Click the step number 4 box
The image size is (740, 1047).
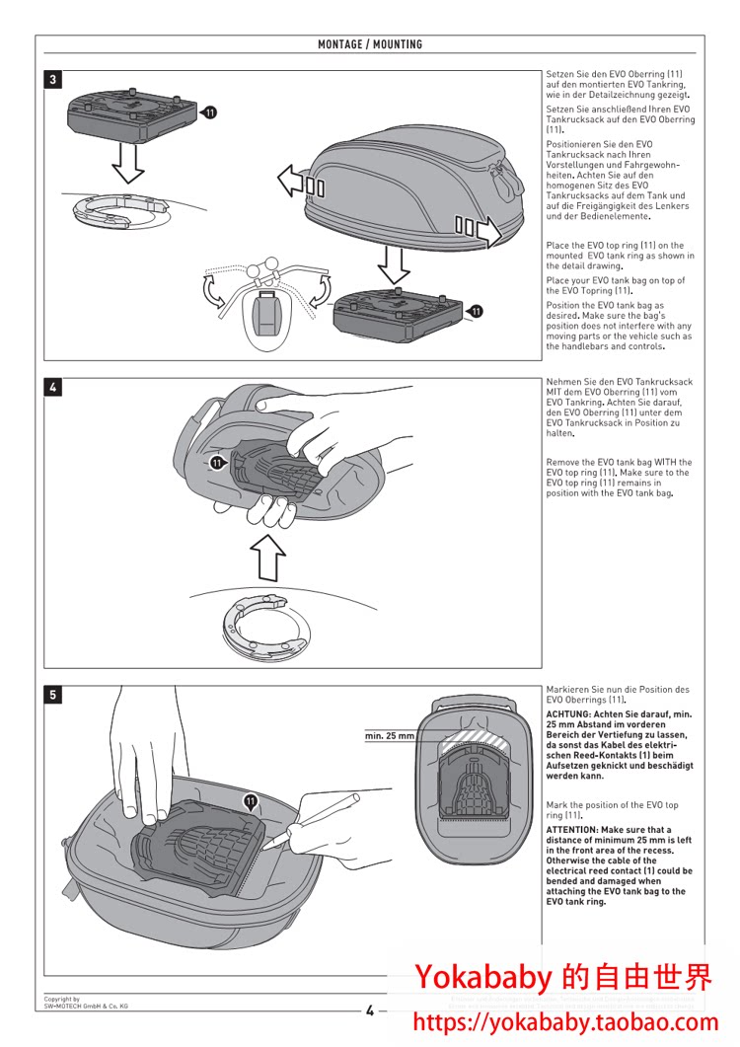tap(53, 388)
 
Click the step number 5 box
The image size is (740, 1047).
tap(53, 695)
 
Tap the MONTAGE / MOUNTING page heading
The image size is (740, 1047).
tap(370, 44)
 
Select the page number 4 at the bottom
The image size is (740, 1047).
tap(370, 1010)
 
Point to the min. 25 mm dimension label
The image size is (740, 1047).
tap(390, 736)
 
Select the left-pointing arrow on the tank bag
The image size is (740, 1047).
tap(292, 181)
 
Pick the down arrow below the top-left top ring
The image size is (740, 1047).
tap(128, 161)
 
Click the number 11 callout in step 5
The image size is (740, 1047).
tap(251, 801)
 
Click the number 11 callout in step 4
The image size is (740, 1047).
tap(215, 461)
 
